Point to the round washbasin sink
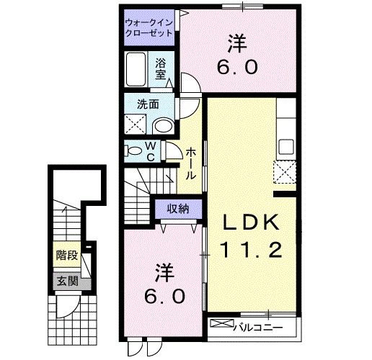[x=164, y=127]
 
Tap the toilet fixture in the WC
[x=135, y=152]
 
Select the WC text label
[x=152, y=152]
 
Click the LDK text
[x=249, y=222]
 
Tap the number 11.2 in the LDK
[x=249, y=251]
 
